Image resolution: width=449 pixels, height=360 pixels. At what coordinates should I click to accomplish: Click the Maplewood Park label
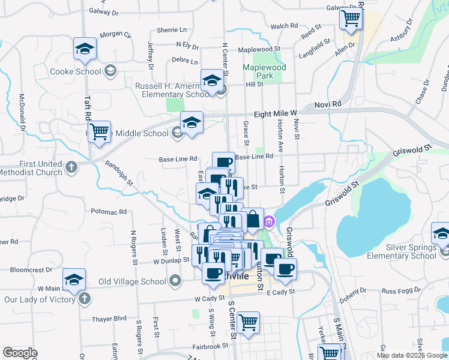(264, 71)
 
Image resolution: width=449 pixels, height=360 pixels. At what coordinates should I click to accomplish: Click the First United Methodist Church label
(32, 167)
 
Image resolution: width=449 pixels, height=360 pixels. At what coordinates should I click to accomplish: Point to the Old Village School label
(132, 281)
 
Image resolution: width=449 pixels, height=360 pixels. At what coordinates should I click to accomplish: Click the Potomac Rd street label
(109, 212)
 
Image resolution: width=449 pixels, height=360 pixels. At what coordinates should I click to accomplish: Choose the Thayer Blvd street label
(109, 319)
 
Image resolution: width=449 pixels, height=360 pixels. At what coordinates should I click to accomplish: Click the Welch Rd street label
(285, 26)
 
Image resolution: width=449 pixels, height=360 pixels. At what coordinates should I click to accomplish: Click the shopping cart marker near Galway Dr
(351, 19)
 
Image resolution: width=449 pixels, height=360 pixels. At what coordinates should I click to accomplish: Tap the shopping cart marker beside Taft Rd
(100, 131)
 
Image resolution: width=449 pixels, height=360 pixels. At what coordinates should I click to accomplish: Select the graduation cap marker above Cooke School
(85, 49)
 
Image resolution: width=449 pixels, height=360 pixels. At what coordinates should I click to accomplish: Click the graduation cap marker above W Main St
(74, 280)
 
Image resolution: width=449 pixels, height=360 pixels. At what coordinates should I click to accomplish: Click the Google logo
(21, 353)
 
